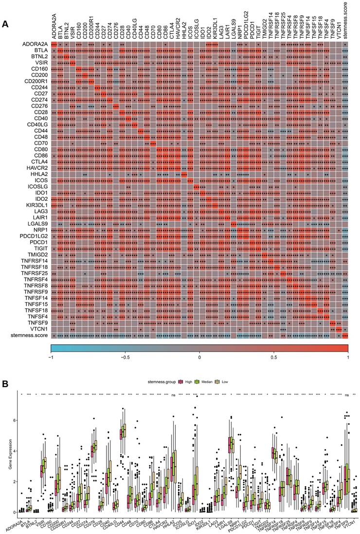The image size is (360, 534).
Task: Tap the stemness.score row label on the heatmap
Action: (x=31, y=336)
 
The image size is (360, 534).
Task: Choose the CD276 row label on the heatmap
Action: (x=39, y=106)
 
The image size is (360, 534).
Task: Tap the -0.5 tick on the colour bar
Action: (x=125, y=357)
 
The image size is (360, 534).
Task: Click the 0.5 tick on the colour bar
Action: (x=273, y=357)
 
